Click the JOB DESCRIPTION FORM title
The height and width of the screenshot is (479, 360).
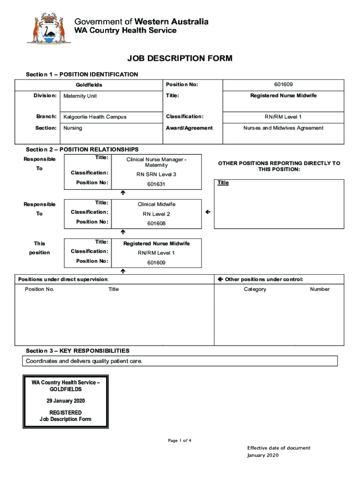coord(180,58)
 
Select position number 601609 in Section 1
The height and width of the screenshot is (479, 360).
coord(283,85)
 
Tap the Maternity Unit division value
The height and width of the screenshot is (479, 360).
coord(80,96)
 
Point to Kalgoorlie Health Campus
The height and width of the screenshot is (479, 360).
coord(95,117)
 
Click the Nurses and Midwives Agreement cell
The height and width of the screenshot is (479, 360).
coord(283,128)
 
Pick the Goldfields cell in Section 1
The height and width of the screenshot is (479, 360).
coord(89,85)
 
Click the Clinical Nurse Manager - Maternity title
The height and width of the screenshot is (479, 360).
coord(156,162)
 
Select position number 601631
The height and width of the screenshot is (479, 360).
coord(156,184)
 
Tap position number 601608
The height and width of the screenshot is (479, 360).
coord(156,224)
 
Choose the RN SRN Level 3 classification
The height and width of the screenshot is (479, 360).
coord(156,174)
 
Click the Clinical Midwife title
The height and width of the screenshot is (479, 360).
coord(156,204)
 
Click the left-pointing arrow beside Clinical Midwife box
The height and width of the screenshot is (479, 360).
coord(208,213)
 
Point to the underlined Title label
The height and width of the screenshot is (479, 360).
coord(223,182)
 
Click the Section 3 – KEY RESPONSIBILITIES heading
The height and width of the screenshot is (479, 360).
coord(78,350)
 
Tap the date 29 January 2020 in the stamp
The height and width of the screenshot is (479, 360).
coord(65,401)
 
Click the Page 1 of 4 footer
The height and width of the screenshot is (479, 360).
coord(180,441)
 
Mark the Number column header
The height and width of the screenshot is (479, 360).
coord(320,289)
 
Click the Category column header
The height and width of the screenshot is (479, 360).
coord(255,289)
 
